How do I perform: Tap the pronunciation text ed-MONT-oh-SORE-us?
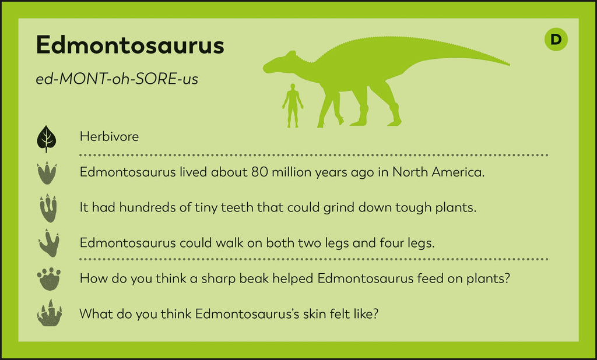[117, 79]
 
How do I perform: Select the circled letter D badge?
[556, 40]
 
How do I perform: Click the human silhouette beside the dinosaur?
[293, 105]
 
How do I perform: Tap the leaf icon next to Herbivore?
[47, 138]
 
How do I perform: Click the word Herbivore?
[110, 137]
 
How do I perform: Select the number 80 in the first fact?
[259, 172]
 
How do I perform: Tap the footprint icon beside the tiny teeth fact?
[48, 208]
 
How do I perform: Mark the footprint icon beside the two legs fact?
[48, 243]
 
